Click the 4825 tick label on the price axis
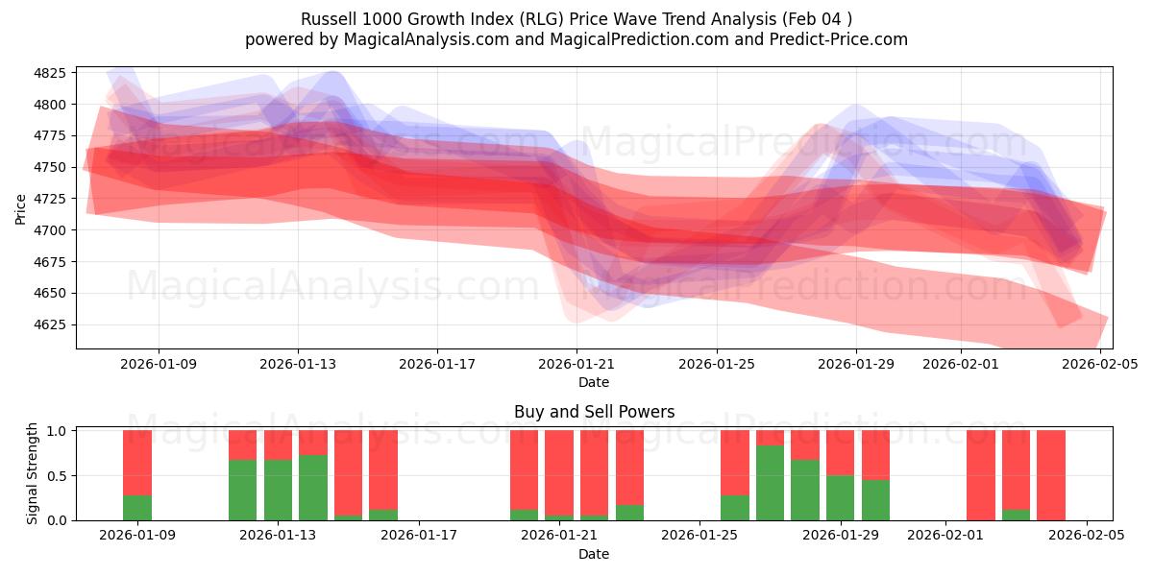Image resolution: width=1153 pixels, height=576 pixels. click(49, 73)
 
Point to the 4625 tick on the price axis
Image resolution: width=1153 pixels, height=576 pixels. click(49, 324)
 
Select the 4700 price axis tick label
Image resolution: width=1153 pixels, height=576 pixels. click(49, 230)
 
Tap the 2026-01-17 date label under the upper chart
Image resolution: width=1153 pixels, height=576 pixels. click(437, 364)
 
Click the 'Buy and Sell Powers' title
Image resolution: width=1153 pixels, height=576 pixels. click(594, 412)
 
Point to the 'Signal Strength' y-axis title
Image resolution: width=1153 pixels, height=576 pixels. click(33, 473)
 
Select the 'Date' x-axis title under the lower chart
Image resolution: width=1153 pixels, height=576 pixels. click(594, 554)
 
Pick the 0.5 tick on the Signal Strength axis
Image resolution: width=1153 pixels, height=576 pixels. click(56, 475)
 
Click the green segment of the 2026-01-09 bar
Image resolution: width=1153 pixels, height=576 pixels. click(137, 508)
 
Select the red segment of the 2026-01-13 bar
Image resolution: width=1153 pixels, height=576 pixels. click(278, 444)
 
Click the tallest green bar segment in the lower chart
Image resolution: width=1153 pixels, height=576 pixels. click(770, 483)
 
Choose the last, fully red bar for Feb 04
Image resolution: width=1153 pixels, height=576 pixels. click(1051, 475)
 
